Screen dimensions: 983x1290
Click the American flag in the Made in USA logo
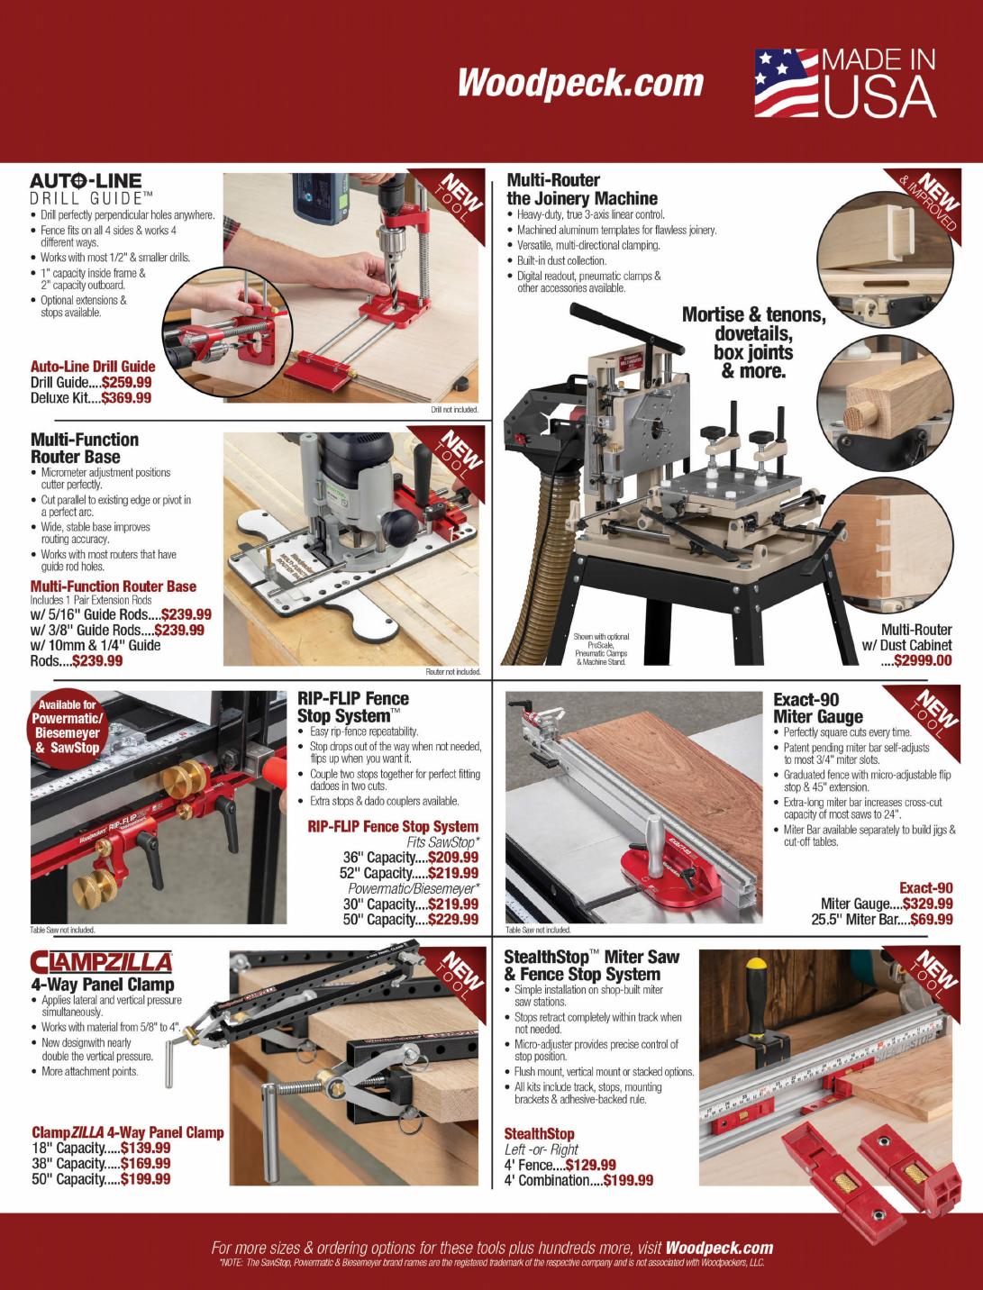(786, 83)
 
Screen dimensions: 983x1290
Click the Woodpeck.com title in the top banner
(580, 83)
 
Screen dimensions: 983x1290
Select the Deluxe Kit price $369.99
(126, 398)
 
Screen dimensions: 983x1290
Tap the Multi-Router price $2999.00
(923, 660)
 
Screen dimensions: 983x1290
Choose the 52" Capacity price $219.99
(453, 873)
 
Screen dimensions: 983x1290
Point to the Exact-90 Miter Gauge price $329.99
(928, 904)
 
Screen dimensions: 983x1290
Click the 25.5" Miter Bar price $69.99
(932, 919)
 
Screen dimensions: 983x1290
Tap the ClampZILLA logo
(101, 962)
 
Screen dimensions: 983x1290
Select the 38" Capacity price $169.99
(146, 1163)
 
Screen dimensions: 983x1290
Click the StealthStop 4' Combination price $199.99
(628, 1180)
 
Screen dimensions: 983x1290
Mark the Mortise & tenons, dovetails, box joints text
(754, 342)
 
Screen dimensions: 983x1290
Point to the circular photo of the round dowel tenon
(885, 402)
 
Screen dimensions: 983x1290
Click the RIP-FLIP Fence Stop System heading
(353, 707)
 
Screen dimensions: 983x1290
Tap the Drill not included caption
(455, 410)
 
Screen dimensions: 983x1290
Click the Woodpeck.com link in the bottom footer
(720, 1249)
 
